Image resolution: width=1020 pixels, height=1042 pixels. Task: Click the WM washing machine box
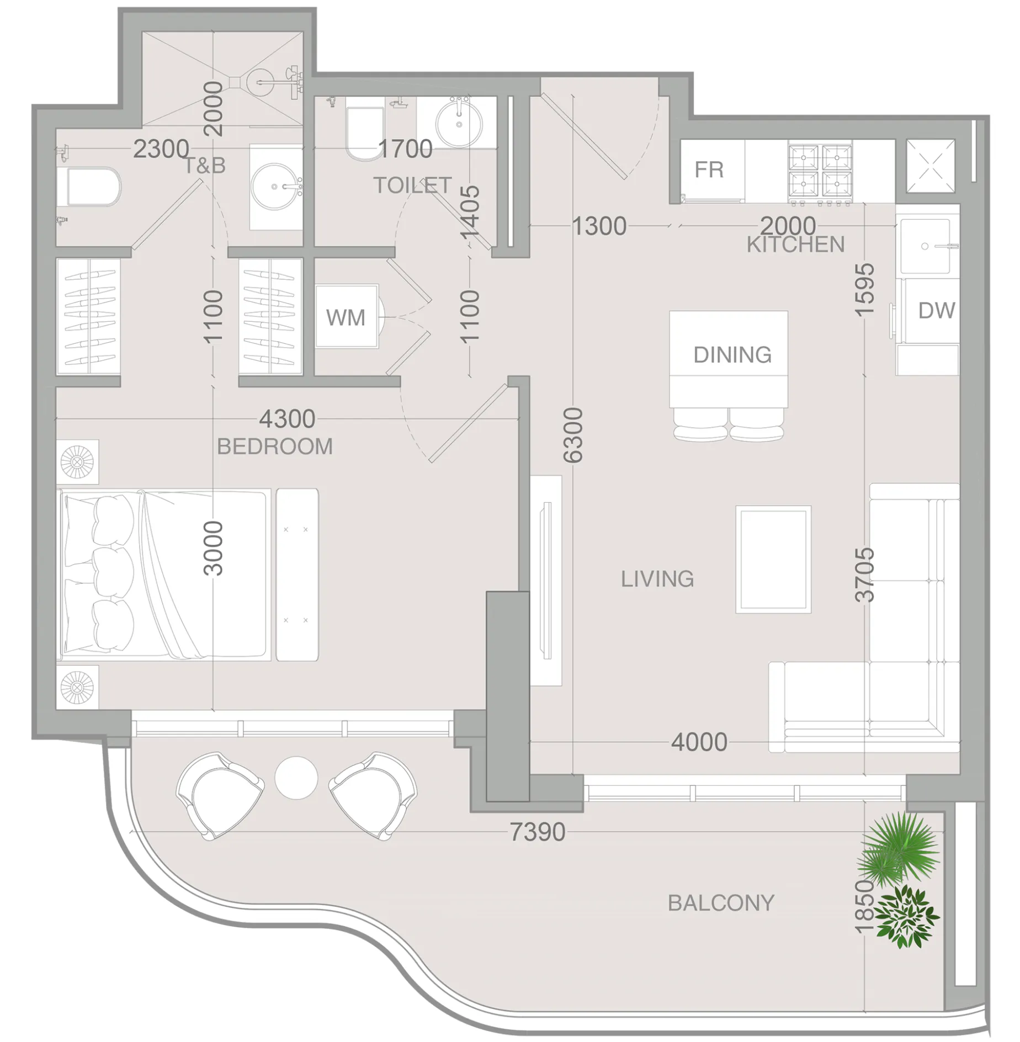pyautogui.click(x=347, y=317)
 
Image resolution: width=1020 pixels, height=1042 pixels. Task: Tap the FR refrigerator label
pyautogui.click(x=709, y=169)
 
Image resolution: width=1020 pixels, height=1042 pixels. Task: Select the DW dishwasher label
pyautogui.click(x=936, y=311)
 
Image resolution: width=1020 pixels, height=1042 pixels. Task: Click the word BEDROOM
pyautogui.click(x=275, y=446)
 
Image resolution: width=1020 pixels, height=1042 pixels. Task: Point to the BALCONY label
pyautogui.click(x=721, y=903)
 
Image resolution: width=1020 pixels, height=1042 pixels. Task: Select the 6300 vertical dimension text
pyautogui.click(x=573, y=435)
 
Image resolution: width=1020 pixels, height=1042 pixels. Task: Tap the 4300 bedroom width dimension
pyautogui.click(x=287, y=419)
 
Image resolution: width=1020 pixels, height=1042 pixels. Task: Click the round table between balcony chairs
pyautogui.click(x=296, y=778)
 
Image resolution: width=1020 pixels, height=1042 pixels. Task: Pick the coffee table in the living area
pyautogui.click(x=773, y=559)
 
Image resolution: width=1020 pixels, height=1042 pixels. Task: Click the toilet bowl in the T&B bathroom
pyautogui.click(x=93, y=187)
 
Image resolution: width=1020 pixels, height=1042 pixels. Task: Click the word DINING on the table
pyautogui.click(x=732, y=355)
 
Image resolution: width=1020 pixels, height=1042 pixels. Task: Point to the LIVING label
pyautogui.click(x=657, y=579)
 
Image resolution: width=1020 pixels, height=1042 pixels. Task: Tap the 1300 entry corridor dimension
pyautogui.click(x=599, y=226)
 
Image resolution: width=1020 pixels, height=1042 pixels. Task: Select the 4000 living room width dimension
pyautogui.click(x=699, y=743)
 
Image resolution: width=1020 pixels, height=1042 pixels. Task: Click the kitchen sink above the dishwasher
pyautogui.click(x=926, y=246)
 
